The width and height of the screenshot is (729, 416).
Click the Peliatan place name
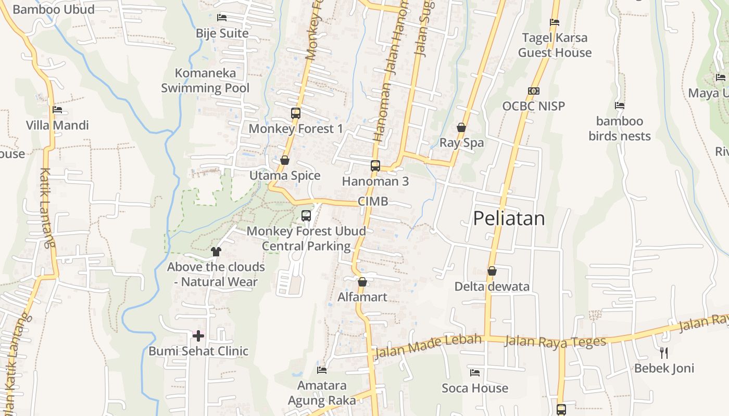(x=509, y=218)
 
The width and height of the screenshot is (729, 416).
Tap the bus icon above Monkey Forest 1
(x=296, y=113)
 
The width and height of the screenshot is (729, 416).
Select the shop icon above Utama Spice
(x=284, y=160)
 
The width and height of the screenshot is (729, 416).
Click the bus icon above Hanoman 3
(x=375, y=166)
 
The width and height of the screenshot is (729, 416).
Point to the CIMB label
(x=373, y=201)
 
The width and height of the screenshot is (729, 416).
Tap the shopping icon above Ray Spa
(x=461, y=127)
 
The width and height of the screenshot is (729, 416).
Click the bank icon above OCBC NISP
(x=533, y=91)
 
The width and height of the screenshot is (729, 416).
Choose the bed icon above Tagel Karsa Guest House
(x=555, y=22)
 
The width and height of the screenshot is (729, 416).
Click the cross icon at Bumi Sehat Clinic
(x=198, y=336)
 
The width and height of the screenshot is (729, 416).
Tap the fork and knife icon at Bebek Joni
(x=664, y=353)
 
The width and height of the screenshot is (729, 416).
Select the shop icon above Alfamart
(x=362, y=282)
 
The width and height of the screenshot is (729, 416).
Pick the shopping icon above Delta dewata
(x=492, y=271)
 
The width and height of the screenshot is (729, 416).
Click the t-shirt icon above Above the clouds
(x=216, y=252)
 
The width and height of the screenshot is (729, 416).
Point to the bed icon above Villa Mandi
(x=57, y=110)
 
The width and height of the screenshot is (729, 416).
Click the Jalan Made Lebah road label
(x=428, y=346)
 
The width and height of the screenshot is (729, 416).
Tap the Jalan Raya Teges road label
(x=556, y=342)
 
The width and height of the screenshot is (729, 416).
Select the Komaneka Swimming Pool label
(x=205, y=81)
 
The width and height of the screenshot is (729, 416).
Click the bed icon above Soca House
(x=474, y=372)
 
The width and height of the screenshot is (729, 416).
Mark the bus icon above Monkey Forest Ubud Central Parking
(x=306, y=215)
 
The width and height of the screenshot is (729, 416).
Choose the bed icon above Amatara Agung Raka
(x=322, y=370)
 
